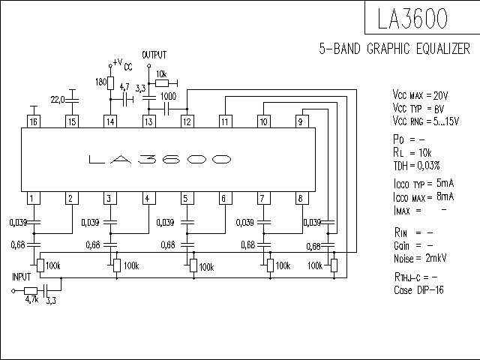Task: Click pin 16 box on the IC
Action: [x=34, y=121]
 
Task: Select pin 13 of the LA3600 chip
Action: [x=148, y=121]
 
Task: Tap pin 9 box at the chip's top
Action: [x=301, y=121]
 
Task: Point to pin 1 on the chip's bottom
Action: [x=34, y=198]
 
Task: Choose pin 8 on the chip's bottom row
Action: [x=301, y=198]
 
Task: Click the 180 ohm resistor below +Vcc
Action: [x=110, y=83]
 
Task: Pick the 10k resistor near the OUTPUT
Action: [x=162, y=83]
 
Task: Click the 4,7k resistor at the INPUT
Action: [x=31, y=291]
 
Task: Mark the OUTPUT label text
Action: [x=154, y=55]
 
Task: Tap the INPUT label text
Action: [x=22, y=277]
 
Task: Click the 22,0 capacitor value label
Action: [x=58, y=100]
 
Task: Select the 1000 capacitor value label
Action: [x=168, y=97]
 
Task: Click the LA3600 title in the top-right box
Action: [x=412, y=18]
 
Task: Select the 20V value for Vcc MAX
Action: [x=440, y=96]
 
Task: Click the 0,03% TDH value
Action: [x=428, y=166]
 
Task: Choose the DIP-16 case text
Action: [x=430, y=290]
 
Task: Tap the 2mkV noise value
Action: [x=436, y=258]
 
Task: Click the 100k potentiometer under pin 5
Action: [x=193, y=265]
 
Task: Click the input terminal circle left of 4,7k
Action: [x=13, y=291]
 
